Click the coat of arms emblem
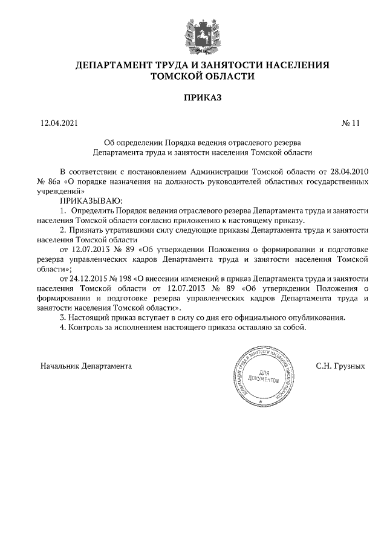click(194, 34)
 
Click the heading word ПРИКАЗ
click(193, 97)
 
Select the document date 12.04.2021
click(59, 123)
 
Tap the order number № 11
click(351, 123)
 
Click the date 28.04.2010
click(348, 171)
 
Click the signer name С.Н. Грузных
click(341, 366)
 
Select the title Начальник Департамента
click(86, 366)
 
